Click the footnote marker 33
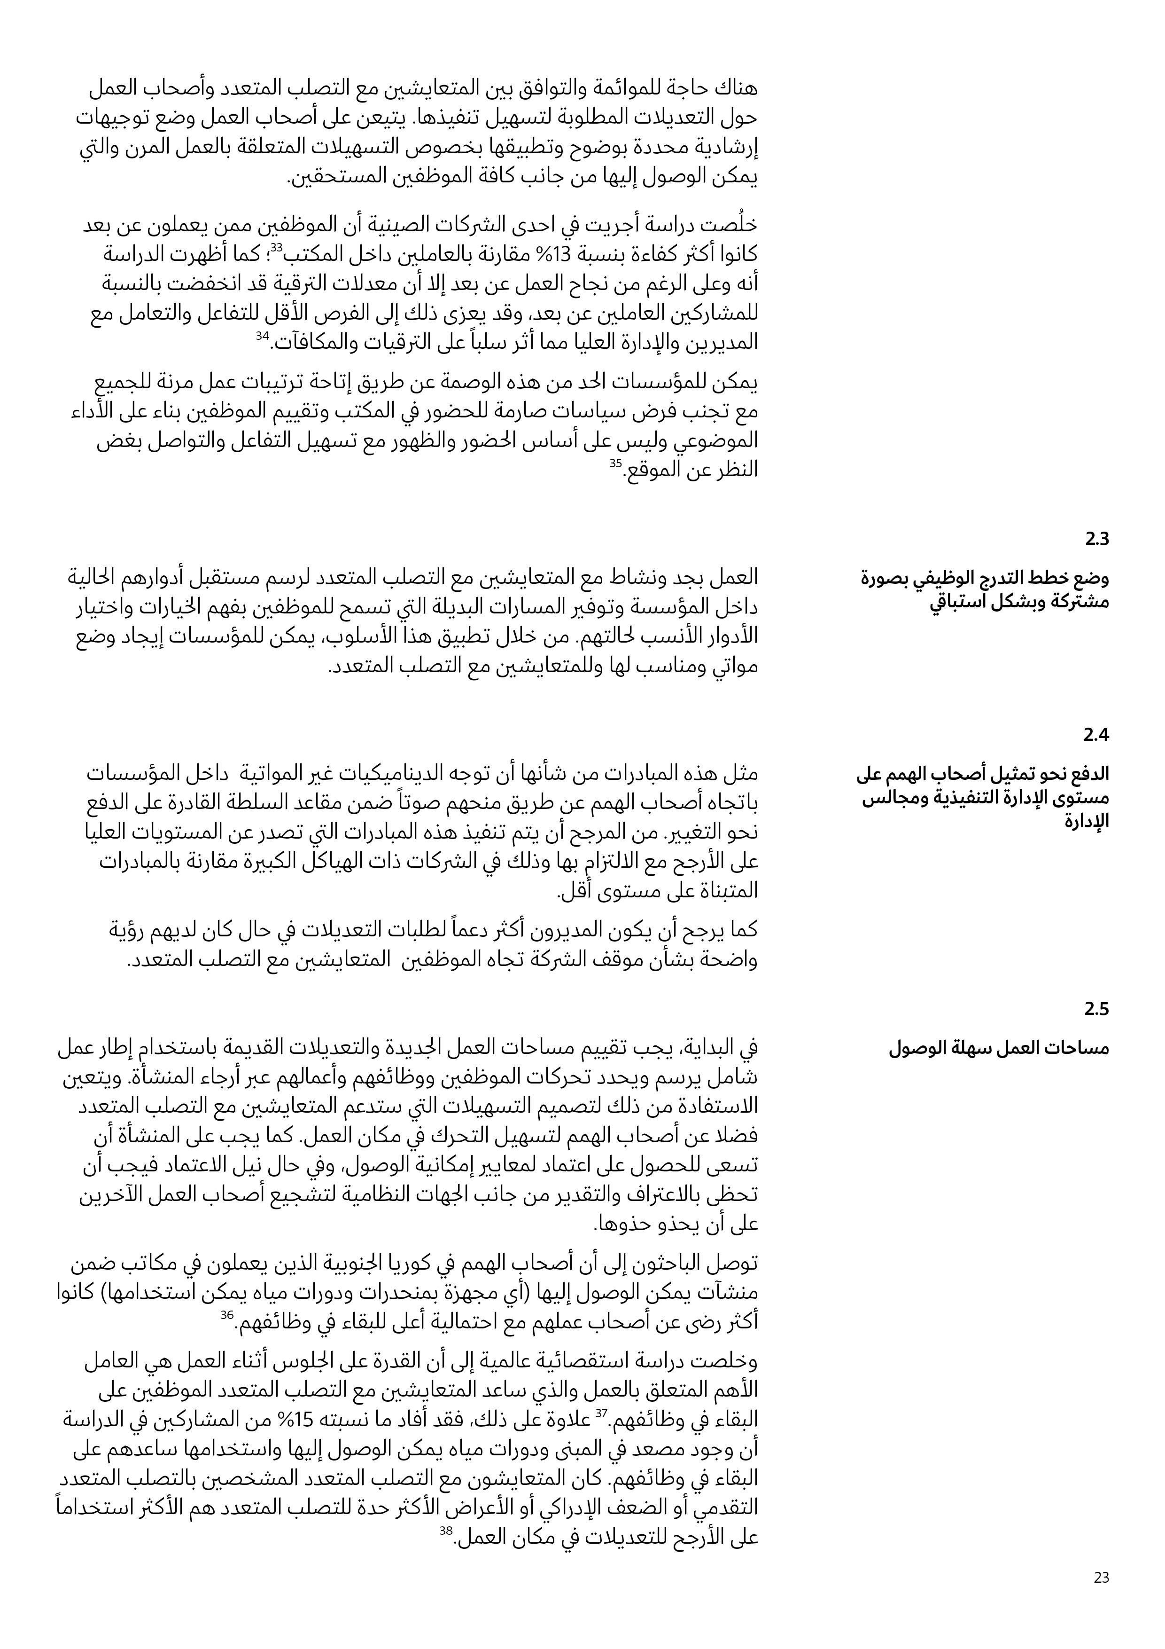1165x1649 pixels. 276,248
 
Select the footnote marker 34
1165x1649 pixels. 262,336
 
